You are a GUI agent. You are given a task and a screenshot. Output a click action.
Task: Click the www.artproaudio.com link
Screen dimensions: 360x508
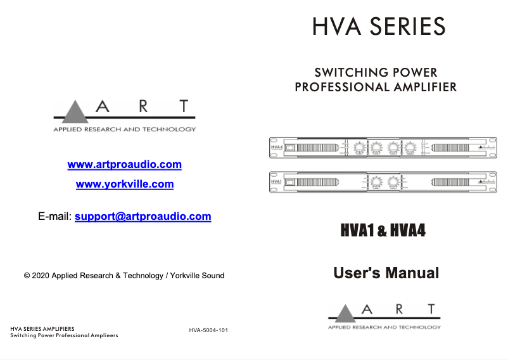[x=124, y=165]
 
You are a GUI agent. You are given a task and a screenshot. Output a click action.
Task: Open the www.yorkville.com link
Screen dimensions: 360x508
[x=124, y=184]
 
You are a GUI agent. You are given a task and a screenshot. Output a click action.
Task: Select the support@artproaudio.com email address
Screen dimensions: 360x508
[x=143, y=216]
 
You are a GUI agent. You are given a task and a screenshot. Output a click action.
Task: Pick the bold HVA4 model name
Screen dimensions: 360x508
[x=408, y=231]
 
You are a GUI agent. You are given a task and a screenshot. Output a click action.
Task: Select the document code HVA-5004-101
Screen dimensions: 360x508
[x=208, y=330]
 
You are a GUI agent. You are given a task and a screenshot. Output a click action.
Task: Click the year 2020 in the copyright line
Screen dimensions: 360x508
[x=41, y=276]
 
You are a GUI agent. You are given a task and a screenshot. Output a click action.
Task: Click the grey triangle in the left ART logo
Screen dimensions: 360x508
[x=77, y=112]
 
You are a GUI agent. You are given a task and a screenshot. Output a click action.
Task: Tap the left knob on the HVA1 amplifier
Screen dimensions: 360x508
[x=376, y=182]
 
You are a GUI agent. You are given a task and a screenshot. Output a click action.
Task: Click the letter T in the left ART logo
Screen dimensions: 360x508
[x=184, y=106]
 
